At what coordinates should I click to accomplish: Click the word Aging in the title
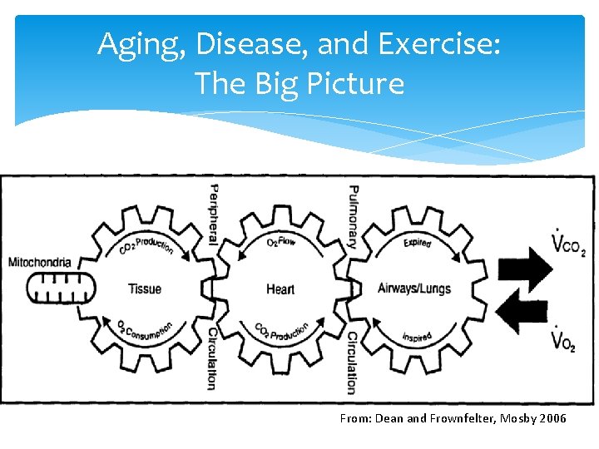point(134,45)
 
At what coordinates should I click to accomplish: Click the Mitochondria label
point(40,263)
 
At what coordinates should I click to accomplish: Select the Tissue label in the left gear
point(145,289)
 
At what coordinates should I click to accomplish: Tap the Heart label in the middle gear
point(280,289)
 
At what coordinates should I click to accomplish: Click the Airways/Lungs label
point(414,289)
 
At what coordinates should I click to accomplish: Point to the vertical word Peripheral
point(213,214)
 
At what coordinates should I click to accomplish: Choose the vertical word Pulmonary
point(353,216)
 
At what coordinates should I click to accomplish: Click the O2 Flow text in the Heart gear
point(283,242)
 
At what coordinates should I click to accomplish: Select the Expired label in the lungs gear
point(417,243)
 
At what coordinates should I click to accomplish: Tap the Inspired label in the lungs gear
point(417,338)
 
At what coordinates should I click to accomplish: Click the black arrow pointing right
point(524,266)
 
